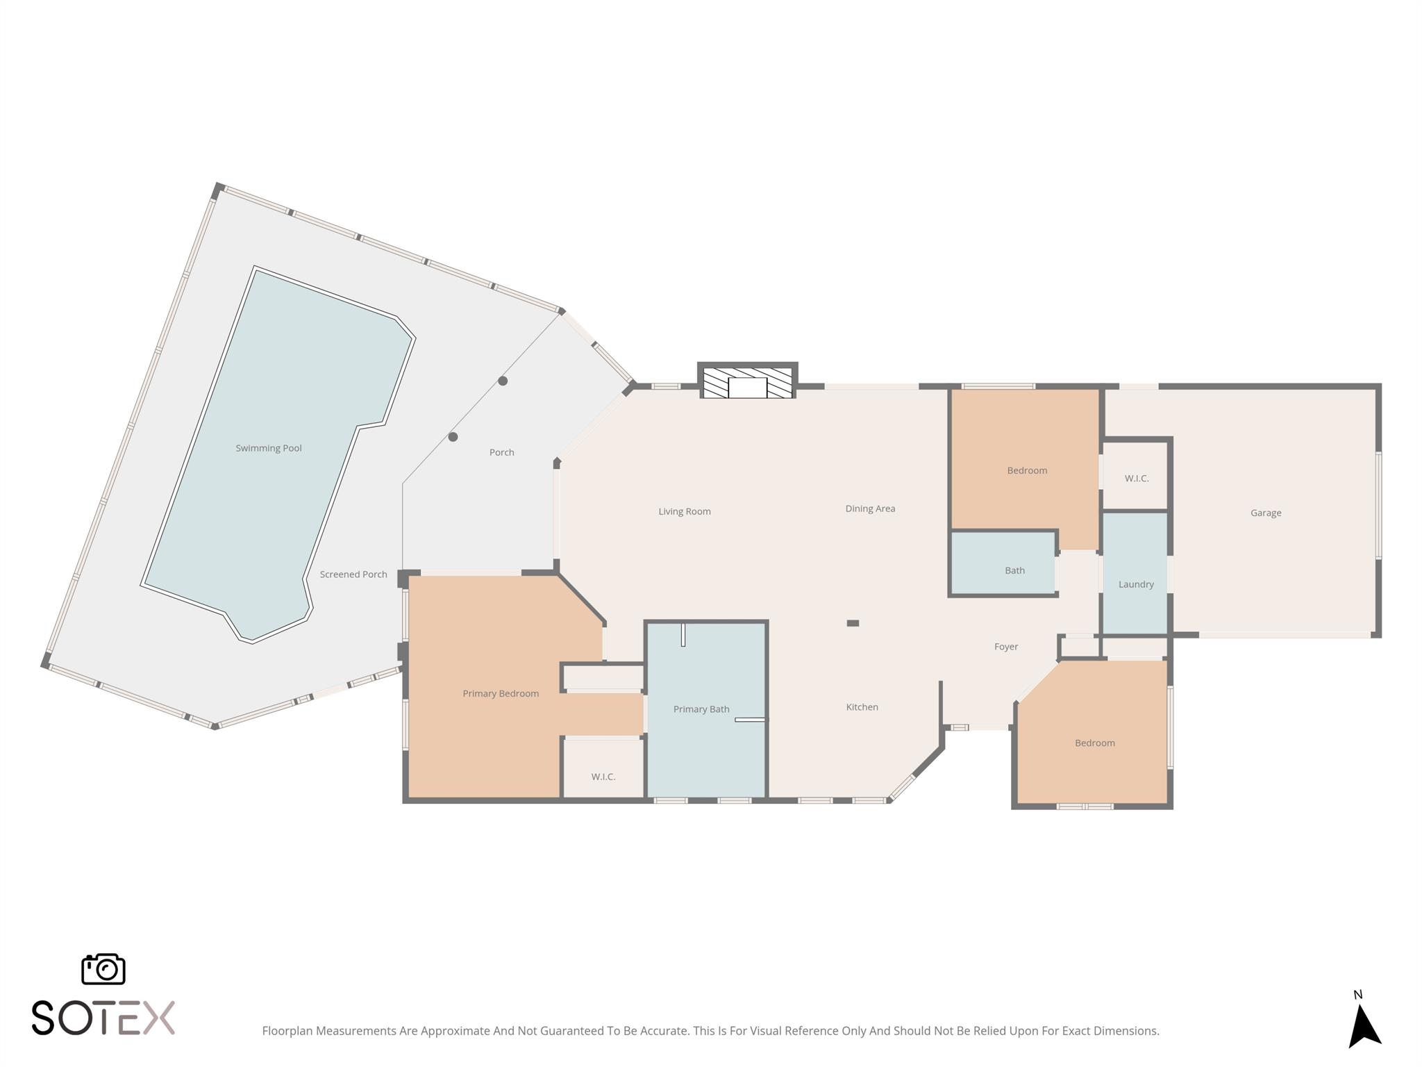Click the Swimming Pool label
click(x=269, y=448)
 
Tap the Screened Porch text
click(x=353, y=574)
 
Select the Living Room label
click(x=685, y=511)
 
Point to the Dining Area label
click(x=870, y=508)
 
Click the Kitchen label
click(x=862, y=707)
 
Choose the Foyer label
click(x=1006, y=647)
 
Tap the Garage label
click(x=1266, y=513)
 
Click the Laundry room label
click(x=1136, y=584)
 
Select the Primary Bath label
click(x=701, y=709)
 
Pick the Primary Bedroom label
click(x=501, y=693)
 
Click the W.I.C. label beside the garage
click(x=1137, y=479)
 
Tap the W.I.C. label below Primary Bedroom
click(x=603, y=777)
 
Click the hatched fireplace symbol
click(x=747, y=383)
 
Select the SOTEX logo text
click(x=103, y=1018)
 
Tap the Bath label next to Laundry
click(x=1014, y=570)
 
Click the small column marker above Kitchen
click(x=853, y=623)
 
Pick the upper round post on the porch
click(x=503, y=381)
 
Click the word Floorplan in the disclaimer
click(x=287, y=1031)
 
